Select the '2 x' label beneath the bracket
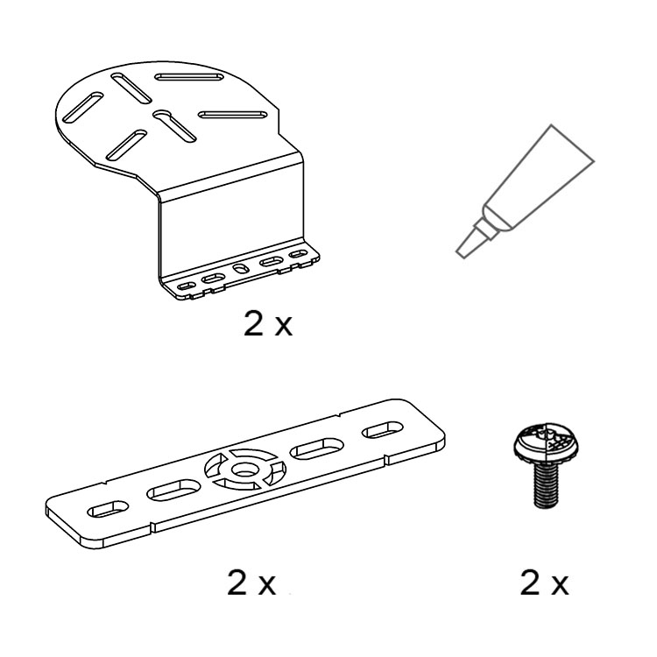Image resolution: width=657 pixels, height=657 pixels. pos(268,324)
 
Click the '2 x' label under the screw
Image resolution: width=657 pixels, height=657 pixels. pos(544,583)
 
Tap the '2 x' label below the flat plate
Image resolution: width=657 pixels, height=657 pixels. pos(251,583)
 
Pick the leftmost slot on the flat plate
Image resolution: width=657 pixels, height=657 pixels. pos(108,508)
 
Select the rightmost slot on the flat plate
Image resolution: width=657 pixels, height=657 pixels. pos(383,430)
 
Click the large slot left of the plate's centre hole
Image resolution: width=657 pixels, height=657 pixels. pos(173,490)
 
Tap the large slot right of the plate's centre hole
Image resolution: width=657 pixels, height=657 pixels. pos(317,449)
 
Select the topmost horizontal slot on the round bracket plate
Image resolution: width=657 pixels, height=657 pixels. pos(189,77)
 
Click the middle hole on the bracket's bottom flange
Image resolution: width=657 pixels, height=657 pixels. pos(240,269)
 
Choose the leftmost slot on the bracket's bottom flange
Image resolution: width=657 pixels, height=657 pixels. pos(186,286)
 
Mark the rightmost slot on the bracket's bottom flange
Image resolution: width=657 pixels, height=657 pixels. pos(299,254)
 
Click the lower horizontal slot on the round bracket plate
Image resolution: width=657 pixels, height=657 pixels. pos(232,115)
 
